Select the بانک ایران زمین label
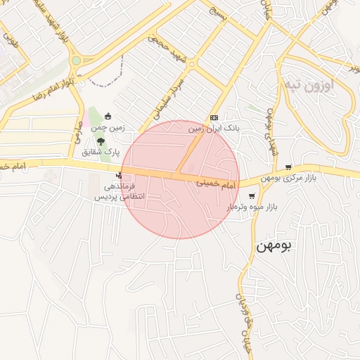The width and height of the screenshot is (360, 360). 214,129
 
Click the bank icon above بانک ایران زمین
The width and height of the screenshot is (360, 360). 214,117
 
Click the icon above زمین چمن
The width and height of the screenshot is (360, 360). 108,116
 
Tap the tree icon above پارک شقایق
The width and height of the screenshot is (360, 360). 101,141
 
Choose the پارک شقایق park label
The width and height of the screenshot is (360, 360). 101,151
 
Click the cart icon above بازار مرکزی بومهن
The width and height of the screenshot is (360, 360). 289,167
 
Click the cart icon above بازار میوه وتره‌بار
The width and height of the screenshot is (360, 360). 252,195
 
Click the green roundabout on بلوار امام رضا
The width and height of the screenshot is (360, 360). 76,60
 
